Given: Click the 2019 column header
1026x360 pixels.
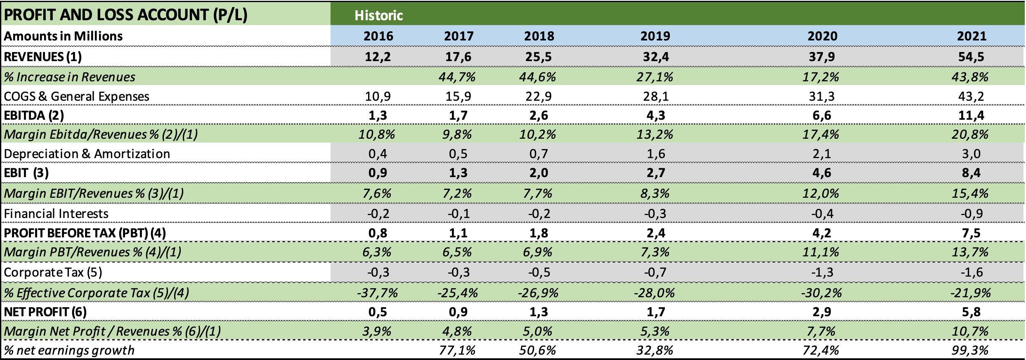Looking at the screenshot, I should point(655,36).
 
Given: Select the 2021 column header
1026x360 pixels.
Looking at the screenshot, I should point(972,36).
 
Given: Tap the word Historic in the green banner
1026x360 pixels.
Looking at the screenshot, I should point(378,15).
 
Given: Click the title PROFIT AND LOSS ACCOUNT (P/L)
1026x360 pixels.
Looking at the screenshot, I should point(125,14).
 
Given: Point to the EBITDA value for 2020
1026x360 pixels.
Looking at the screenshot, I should point(821,115).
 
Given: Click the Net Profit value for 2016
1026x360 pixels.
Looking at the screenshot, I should point(377,312).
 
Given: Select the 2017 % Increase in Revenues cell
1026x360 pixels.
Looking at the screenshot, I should point(457,77).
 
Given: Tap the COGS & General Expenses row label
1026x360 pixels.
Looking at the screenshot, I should point(76,96).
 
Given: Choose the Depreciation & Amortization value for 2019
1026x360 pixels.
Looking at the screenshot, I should point(655,154).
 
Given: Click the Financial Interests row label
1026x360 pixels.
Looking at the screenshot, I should point(56,213).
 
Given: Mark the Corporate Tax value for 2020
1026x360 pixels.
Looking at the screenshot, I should point(821,272).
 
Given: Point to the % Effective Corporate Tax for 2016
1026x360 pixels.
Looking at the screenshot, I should point(377,293).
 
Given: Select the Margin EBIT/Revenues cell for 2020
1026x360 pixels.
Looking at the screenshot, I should point(820,193).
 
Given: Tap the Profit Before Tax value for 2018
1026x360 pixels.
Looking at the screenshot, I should point(539,233).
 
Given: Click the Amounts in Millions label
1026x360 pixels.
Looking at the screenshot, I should point(63,36).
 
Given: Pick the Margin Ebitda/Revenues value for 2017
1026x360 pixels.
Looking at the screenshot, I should point(457,134).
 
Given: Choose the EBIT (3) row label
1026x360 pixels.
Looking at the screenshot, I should point(26,173).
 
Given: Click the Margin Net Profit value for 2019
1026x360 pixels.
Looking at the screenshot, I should point(655,331).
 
